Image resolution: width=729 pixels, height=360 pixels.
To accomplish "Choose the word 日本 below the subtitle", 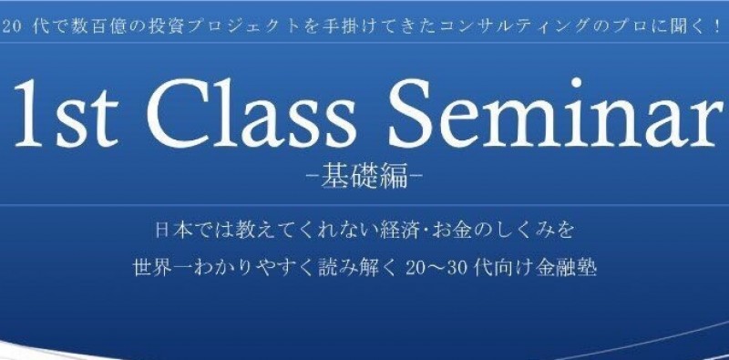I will click(x=169, y=223).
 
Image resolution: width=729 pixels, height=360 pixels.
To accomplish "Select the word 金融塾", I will click(x=570, y=269).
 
